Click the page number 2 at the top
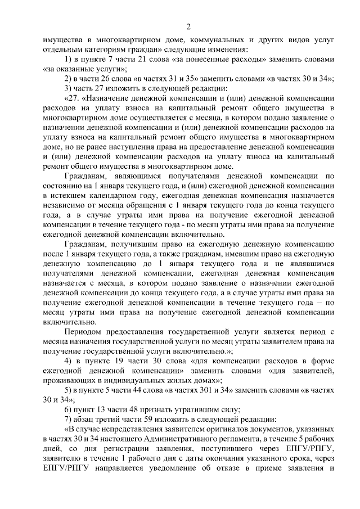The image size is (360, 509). (190, 26)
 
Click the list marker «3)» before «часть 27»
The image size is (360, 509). (67, 88)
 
